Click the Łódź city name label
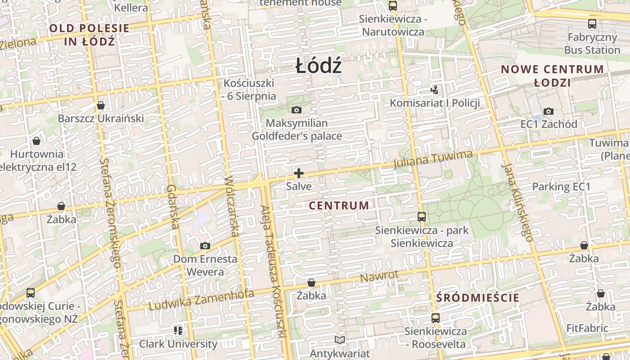[x=319, y=67]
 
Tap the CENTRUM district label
[x=339, y=206]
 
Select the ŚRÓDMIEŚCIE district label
[x=478, y=297]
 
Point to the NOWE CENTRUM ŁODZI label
[x=553, y=76]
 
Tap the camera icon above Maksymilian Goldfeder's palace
[x=297, y=110]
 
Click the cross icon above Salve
[x=298, y=173]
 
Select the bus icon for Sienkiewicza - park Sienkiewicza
[x=422, y=217]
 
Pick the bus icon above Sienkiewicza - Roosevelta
[x=435, y=318]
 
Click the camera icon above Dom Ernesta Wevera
[x=205, y=246]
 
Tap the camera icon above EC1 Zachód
[x=549, y=111]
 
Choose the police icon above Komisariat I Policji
[x=434, y=90]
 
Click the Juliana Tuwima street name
[x=433, y=160]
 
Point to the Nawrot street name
[x=379, y=276]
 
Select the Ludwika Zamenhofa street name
[x=201, y=300]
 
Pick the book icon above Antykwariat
[x=340, y=340]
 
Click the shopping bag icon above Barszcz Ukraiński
[x=101, y=105]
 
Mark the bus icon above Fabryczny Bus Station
[x=592, y=24]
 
